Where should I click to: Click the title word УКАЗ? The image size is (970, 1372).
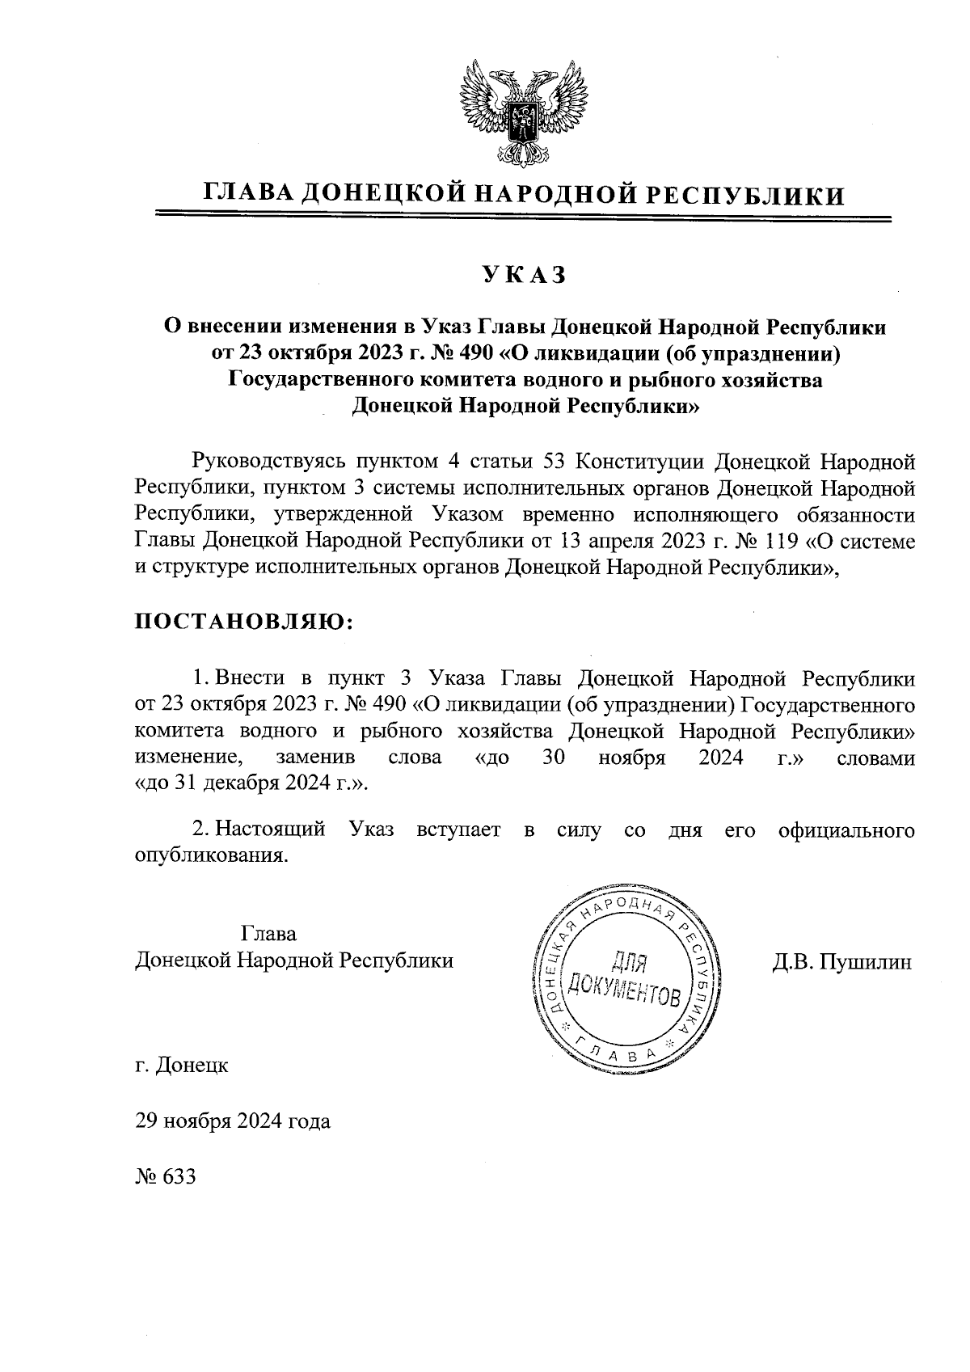click(x=522, y=276)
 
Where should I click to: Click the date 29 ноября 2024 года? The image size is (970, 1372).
click(x=233, y=1121)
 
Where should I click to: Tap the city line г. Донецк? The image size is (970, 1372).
click(x=182, y=1065)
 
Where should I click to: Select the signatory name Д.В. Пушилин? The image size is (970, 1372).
click(x=841, y=961)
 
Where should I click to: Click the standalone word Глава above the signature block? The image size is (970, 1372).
click(x=269, y=934)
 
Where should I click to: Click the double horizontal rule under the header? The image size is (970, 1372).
click(x=522, y=216)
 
